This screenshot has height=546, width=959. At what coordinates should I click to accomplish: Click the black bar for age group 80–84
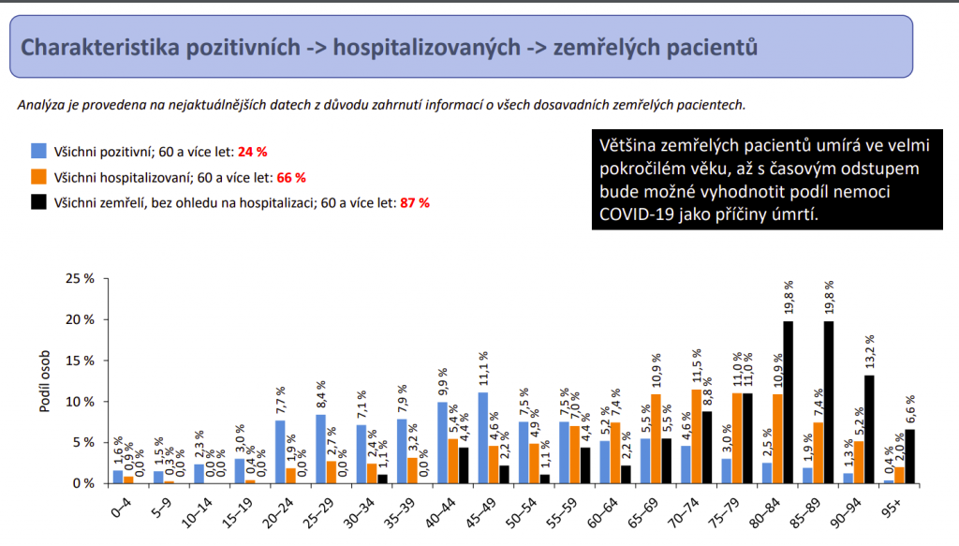(x=789, y=403)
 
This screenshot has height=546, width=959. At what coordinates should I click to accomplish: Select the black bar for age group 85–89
(x=829, y=403)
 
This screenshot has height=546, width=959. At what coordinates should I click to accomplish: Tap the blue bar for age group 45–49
(x=483, y=437)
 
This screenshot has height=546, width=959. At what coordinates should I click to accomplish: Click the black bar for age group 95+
(x=910, y=456)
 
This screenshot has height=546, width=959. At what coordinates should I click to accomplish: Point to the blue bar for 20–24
(x=279, y=451)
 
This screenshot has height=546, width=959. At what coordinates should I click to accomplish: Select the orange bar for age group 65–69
(x=655, y=438)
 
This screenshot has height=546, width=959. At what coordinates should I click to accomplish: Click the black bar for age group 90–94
(x=869, y=429)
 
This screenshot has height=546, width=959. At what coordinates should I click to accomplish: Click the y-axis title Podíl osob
(x=45, y=381)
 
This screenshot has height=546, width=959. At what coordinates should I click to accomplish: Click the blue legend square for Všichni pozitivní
(x=38, y=150)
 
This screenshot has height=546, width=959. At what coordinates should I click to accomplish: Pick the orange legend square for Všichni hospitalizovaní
(x=38, y=175)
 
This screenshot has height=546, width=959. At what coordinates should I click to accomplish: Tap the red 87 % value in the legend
(x=414, y=202)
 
